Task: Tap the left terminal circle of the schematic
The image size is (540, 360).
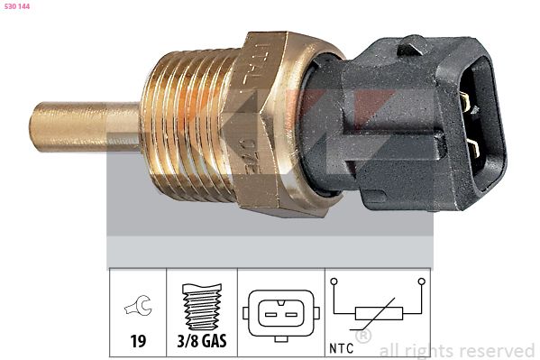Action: pos(334,283)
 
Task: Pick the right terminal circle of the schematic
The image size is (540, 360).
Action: pos(421,283)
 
